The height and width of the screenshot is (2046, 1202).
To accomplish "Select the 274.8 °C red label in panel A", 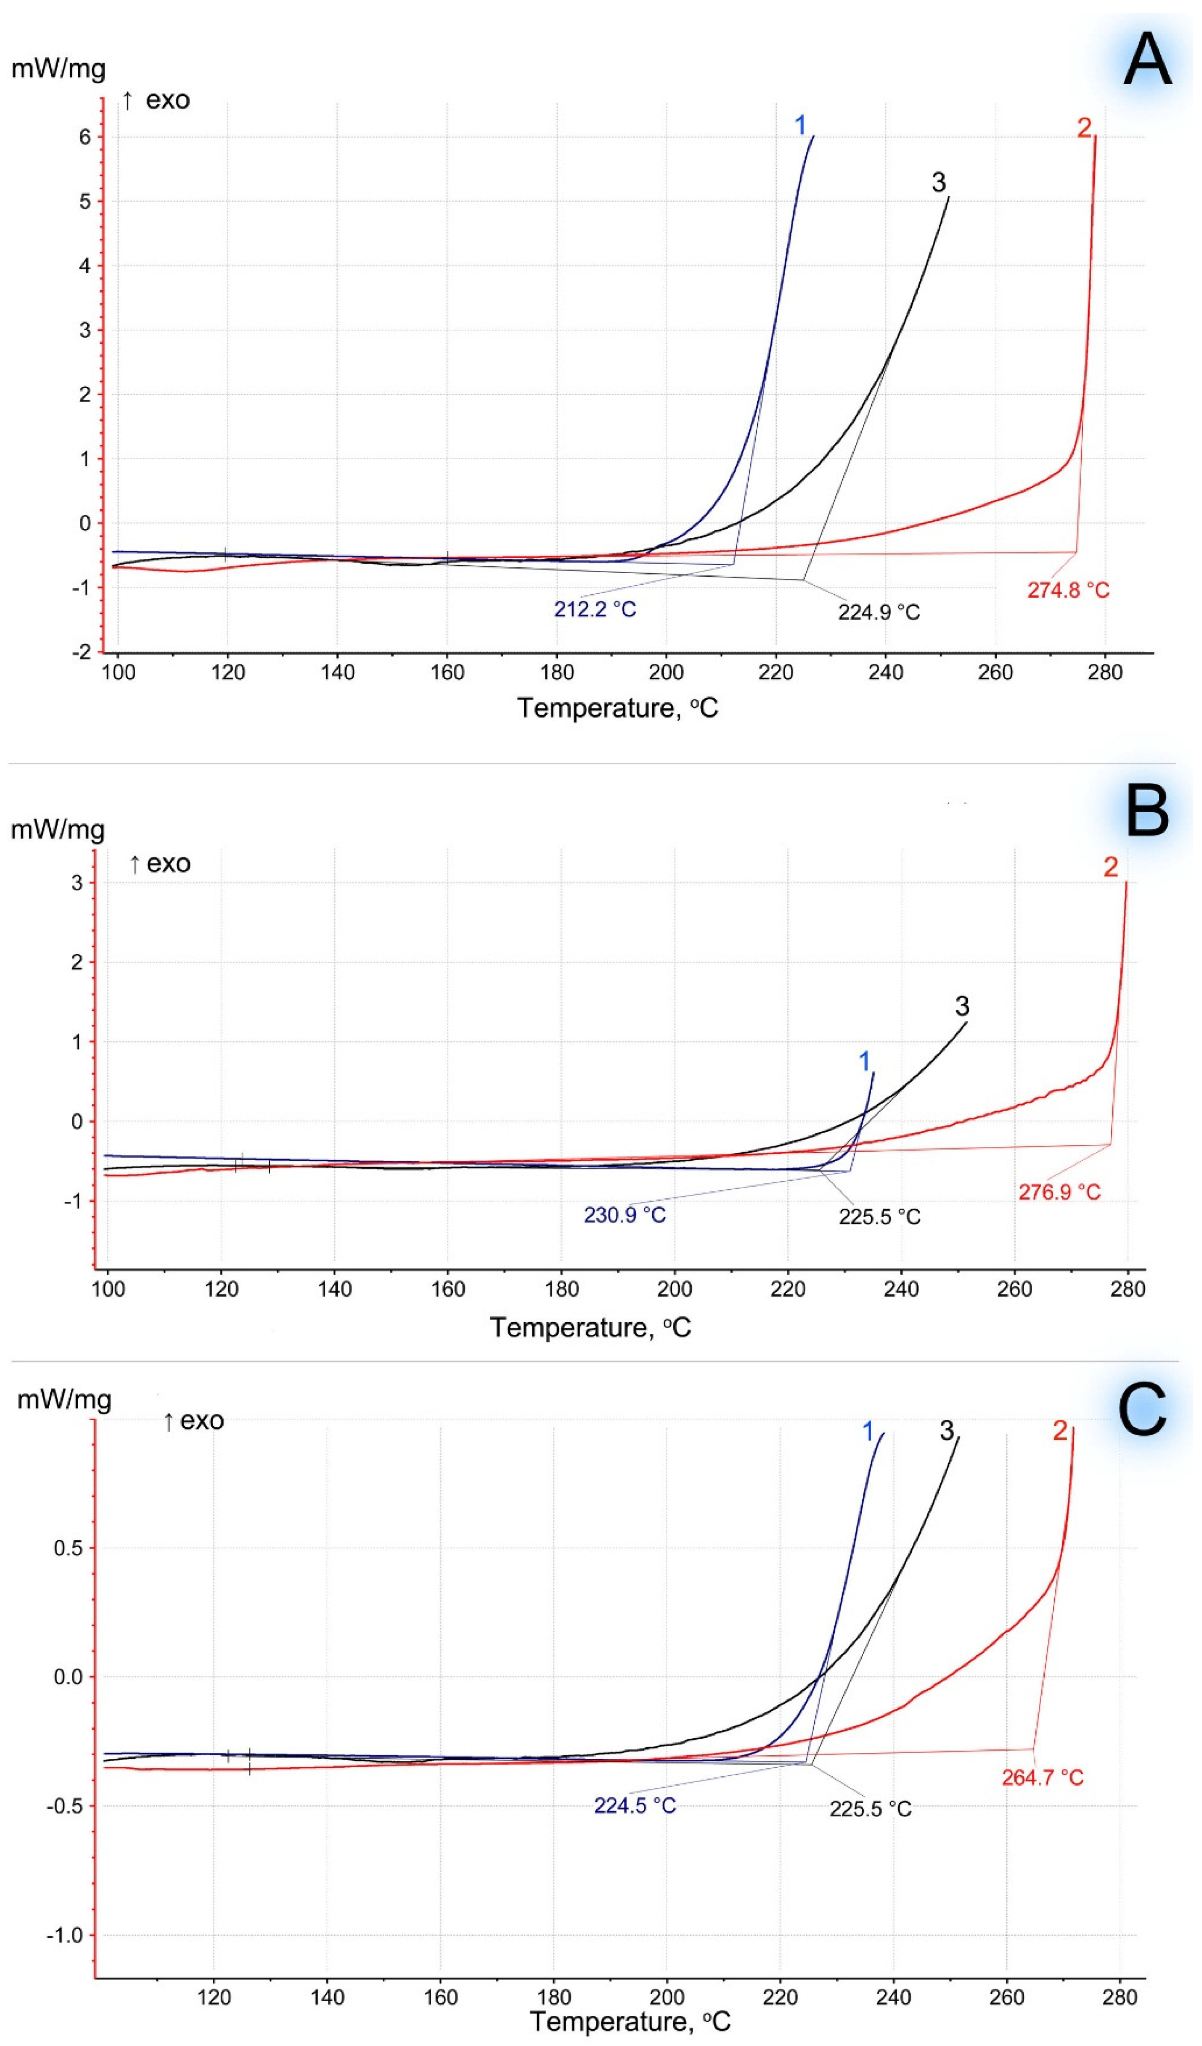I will tap(1068, 590).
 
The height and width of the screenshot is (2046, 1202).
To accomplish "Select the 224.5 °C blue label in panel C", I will tap(635, 1806).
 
